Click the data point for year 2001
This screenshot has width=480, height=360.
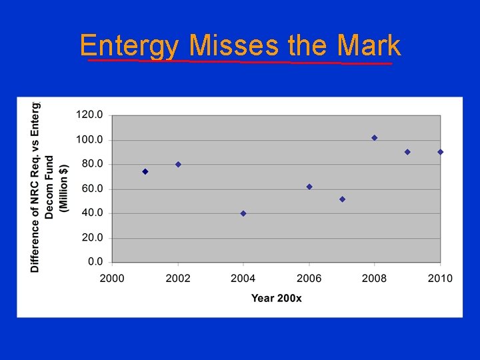click(x=145, y=171)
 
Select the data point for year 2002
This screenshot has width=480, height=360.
click(x=178, y=164)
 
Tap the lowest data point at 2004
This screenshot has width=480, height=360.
click(x=243, y=213)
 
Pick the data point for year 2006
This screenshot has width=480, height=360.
click(x=309, y=187)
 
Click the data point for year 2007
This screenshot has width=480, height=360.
click(x=342, y=199)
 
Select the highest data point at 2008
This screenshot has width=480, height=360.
click(x=375, y=138)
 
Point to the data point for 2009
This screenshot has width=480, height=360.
click(x=407, y=152)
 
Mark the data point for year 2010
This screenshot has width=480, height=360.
click(x=440, y=152)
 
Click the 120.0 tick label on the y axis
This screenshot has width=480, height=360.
click(x=89, y=115)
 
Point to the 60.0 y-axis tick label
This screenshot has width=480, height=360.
click(x=91, y=189)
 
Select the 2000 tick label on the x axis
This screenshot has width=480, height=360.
click(x=112, y=278)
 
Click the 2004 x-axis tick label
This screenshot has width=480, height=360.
click(x=243, y=278)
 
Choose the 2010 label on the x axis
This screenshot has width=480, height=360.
click(x=440, y=278)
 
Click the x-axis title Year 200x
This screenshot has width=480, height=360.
click(x=276, y=297)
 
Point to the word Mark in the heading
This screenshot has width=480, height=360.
click(x=369, y=46)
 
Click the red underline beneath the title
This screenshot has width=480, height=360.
click(x=240, y=62)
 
